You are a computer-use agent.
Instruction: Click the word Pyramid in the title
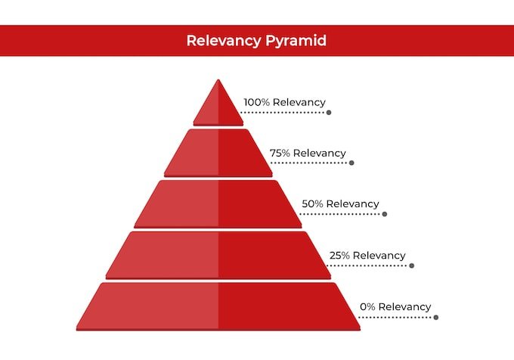click(x=296, y=41)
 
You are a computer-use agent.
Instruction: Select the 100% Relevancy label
click(x=284, y=102)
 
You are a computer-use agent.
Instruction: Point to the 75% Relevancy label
click(x=308, y=153)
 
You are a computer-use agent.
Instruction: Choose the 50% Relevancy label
click(x=340, y=203)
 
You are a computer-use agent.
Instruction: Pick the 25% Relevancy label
click(x=367, y=256)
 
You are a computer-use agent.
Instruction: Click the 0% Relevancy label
click(x=395, y=306)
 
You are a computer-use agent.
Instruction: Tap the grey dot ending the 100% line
click(x=329, y=112)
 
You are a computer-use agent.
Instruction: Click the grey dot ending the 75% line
click(x=351, y=163)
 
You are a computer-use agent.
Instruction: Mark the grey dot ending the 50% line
click(x=384, y=214)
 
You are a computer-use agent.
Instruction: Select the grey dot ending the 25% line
click(x=411, y=265)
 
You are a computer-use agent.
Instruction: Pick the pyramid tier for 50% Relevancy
click(x=218, y=203)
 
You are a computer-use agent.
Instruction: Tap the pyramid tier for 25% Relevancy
click(x=218, y=255)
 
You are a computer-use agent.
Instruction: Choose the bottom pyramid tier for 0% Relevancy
click(x=218, y=306)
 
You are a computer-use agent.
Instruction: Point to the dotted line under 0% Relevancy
click(x=397, y=317)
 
